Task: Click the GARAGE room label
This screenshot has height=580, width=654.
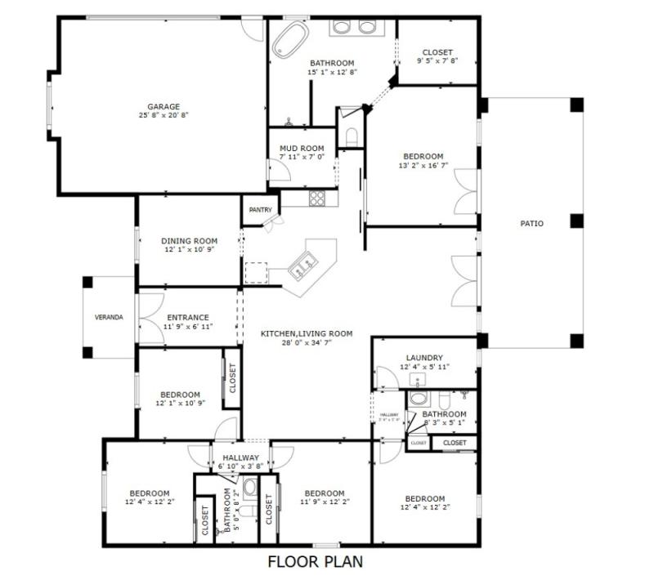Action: [163, 106]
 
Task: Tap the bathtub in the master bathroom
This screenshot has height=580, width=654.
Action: [289, 38]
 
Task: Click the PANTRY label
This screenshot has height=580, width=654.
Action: [261, 210]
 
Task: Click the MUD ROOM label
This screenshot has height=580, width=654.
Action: [302, 149]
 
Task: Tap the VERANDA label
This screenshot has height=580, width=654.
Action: [109, 317]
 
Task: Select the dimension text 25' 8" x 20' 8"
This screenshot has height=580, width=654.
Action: [163, 116]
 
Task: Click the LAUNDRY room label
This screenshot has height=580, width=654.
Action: [424, 358]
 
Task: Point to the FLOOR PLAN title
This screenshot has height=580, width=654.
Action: [315, 562]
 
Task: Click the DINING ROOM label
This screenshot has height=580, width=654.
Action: [189, 241]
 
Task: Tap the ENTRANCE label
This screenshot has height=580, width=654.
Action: [188, 318]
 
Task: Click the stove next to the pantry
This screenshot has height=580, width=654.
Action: [316, 198]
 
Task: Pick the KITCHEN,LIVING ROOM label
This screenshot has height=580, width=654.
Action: [307, 333]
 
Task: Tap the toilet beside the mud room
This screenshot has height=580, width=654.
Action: [352, 136]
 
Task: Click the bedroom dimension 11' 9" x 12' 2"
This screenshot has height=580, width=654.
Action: [324, 503]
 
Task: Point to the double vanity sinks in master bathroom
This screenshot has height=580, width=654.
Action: [354, 26]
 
